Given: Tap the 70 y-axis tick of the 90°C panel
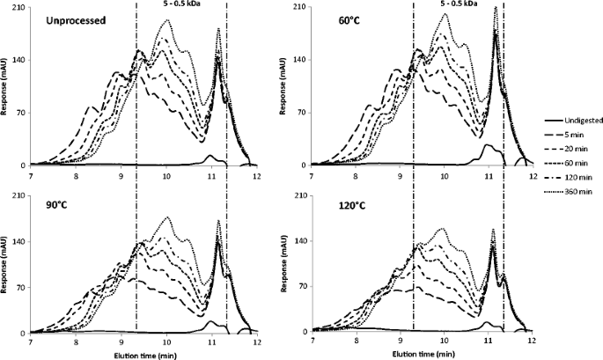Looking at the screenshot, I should [21, 283].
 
